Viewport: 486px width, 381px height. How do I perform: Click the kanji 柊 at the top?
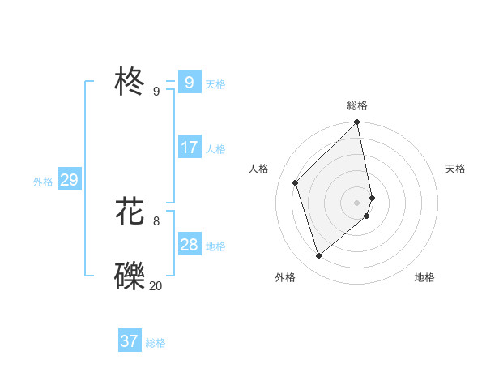(130, 83)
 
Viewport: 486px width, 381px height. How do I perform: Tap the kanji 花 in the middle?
(130, 212)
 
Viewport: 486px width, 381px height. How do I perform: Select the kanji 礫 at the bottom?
(130, 276)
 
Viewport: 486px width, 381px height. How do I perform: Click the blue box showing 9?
(189, 83)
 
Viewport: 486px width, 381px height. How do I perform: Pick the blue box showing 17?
(189, 148)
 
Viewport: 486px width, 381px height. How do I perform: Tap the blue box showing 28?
(189, 245)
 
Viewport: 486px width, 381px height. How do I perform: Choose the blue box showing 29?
(69, 180)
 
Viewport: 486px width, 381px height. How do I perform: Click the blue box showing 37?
(130, 341)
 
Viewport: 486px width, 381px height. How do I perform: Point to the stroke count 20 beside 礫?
(156, 285)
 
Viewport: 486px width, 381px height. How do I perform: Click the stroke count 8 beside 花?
(156, 220)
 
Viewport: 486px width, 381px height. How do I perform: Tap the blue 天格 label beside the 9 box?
(215, 83)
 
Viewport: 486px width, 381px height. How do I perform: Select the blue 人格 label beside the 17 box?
(215, 148)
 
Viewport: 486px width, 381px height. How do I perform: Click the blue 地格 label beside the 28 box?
(215, 246)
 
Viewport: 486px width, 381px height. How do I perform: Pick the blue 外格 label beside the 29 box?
(43, 182)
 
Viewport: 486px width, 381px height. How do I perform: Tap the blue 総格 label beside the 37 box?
(156, 343)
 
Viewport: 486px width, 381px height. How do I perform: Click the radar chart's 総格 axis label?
(357, 105)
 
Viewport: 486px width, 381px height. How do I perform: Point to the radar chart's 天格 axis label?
(455, 169)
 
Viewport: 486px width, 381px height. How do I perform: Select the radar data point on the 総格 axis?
(357, 122)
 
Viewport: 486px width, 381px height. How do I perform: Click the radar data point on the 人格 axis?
(296, 182)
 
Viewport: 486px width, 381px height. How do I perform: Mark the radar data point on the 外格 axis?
(319, 256)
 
